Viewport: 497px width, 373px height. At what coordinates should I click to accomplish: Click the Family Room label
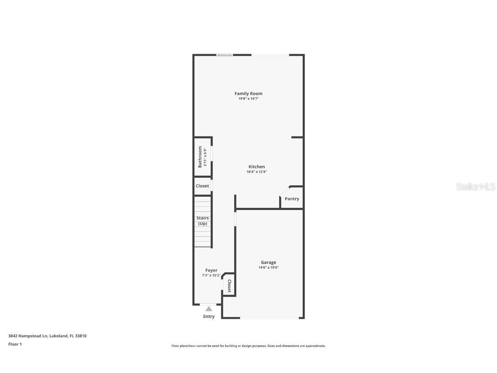[x=248, y=93]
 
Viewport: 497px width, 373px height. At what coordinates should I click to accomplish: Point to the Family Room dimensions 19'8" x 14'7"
[x=248, y=99]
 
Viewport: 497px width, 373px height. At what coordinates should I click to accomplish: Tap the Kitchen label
[x=257, y=167]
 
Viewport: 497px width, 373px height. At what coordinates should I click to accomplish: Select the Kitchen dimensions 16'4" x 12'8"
[x=257, y=172]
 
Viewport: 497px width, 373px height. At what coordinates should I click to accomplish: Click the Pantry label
[x=292, y=199]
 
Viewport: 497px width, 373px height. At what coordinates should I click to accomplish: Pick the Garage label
[x=268, y=262]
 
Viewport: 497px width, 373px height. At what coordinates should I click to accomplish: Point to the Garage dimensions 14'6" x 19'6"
[x=268, y=268]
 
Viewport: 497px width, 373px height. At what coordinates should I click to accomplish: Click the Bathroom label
[x=200, y=157]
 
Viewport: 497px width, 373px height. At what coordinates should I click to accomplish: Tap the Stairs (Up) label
[x=202, y=221]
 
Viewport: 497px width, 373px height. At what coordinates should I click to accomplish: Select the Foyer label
[x=211, y=270]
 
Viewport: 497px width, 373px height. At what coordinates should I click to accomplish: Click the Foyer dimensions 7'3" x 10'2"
[x=211, y=275]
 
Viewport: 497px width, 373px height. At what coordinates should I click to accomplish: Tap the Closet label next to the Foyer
[x=229, y=286]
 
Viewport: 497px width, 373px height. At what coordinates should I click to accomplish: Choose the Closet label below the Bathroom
[x=202, y=186]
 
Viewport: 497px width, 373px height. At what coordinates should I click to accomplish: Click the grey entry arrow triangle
[x=209, y=309]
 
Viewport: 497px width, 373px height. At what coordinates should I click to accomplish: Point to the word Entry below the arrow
[x=209, y=316]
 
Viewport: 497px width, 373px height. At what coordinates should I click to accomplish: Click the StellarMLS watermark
[x=475, y=186]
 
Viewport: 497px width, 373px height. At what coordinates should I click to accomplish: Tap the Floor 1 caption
[x=15, y=344]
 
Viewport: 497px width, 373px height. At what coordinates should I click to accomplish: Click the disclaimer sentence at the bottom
[x=248, y=346]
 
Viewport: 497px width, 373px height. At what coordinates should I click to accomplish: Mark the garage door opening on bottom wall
[x=270, y=318]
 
